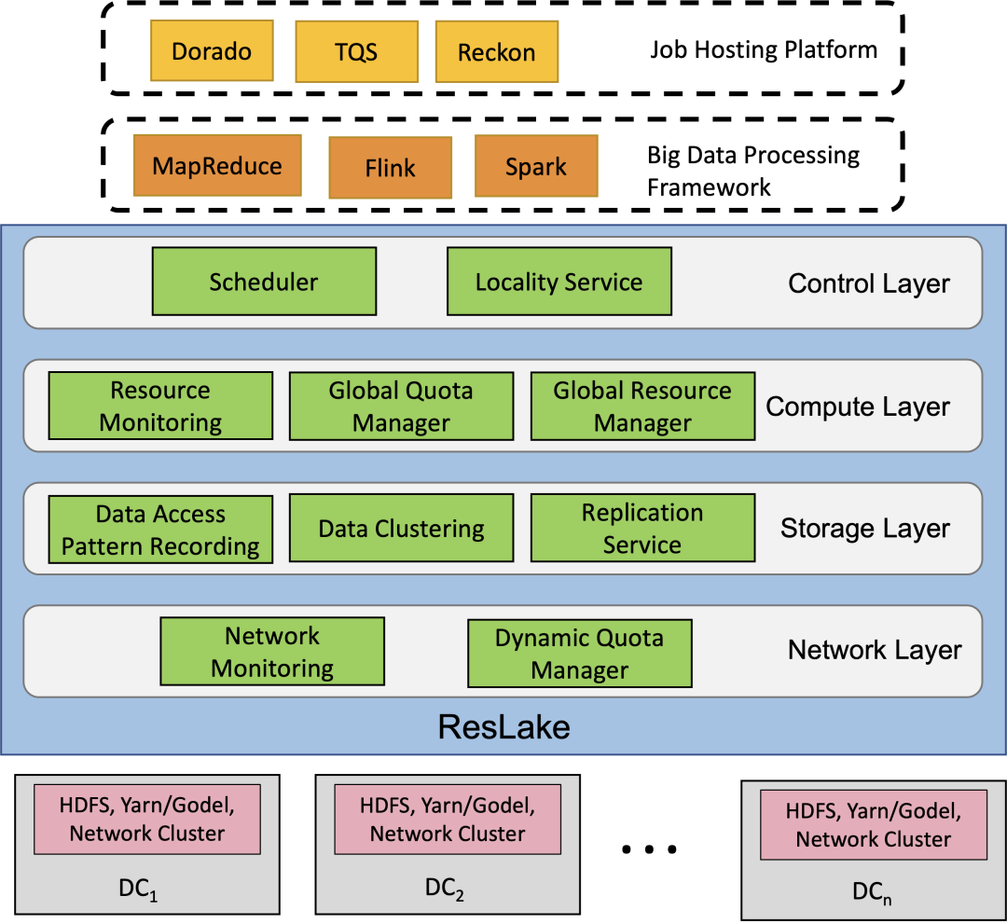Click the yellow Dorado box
[212, 51]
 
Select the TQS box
[356, 51]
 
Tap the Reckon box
[496, 52]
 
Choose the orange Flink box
[390, 168]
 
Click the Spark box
[535, 167]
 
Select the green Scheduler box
[264, 281]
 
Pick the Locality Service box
[559, 281]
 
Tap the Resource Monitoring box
[160, 406]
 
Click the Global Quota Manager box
[401, 407]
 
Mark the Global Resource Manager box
[642, 407]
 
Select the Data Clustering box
[401, 529]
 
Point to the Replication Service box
[642, 528]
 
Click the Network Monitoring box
[272, 652]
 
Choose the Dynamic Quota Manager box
[579, 654]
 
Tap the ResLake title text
[504, 726]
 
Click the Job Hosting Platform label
[764, 49]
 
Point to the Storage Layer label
[865, 529]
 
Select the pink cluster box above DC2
[448, 819]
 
